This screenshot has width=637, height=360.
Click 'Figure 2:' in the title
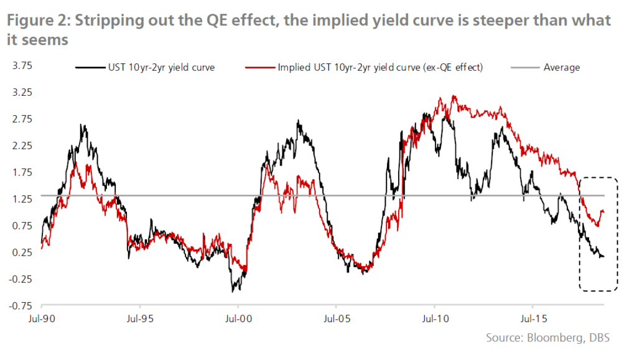(35, 21)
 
